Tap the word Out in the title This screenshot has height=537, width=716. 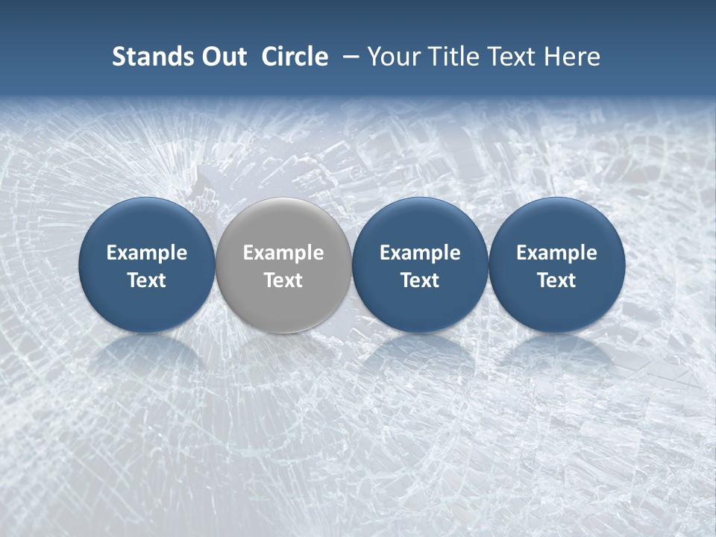(x=222, y=57)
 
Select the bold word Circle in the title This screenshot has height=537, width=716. (x=295, y=57)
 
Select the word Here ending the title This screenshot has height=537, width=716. (x=573, y=57)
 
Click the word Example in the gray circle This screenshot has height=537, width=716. (x=283, y=253)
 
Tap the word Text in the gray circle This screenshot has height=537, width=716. (x=283, y=280)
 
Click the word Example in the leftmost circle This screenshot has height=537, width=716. (x=146, y=253)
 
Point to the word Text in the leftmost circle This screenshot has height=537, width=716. (x=146, y=280)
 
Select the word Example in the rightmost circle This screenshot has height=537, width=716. (x=556, y=253)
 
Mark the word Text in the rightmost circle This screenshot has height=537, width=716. (x=556, y=280)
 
